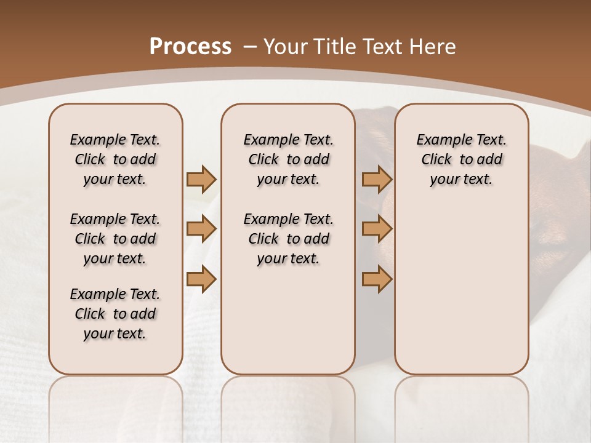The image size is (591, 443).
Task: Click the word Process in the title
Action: [x=190, y=47]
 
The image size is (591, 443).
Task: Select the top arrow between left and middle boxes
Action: [x=201, y=179]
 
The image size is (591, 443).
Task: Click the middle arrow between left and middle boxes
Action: [x=201, y=229]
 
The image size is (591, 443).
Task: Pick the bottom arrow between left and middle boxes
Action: [x=201, y=279]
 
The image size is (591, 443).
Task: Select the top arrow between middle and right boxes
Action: [x=377, y=179]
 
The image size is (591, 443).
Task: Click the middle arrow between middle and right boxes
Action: [x=377, y=229]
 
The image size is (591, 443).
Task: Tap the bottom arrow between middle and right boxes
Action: [x=377, y=279]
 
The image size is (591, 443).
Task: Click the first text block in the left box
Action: [x=115, y=159]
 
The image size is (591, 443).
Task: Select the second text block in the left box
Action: [x=115, y=239]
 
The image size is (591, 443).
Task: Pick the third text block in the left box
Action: [x=115, y=314]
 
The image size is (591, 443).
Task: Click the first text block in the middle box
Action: [x=288, y=159]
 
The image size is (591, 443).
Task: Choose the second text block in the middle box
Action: [x=288, y=239]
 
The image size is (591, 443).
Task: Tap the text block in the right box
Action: [x=461, y=159]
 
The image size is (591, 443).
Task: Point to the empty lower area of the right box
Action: [x=461, y=289]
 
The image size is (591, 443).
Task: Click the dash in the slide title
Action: [x=250, y=47]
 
